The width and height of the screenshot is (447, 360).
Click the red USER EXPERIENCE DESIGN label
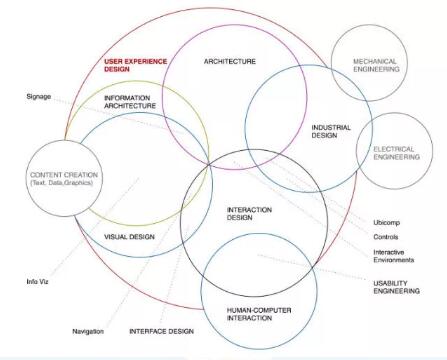click(132, 65)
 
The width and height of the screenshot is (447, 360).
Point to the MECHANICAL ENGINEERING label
click(375, 66)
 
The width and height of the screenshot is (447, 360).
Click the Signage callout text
click(39, 96)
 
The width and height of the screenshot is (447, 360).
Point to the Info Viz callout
click(38, 281)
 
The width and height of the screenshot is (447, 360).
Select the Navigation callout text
click(89, 331)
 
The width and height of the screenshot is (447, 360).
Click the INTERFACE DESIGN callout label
click(161, 331)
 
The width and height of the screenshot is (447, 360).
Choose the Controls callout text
click(388, 238)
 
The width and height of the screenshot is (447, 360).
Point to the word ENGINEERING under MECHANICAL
click(375, 72)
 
